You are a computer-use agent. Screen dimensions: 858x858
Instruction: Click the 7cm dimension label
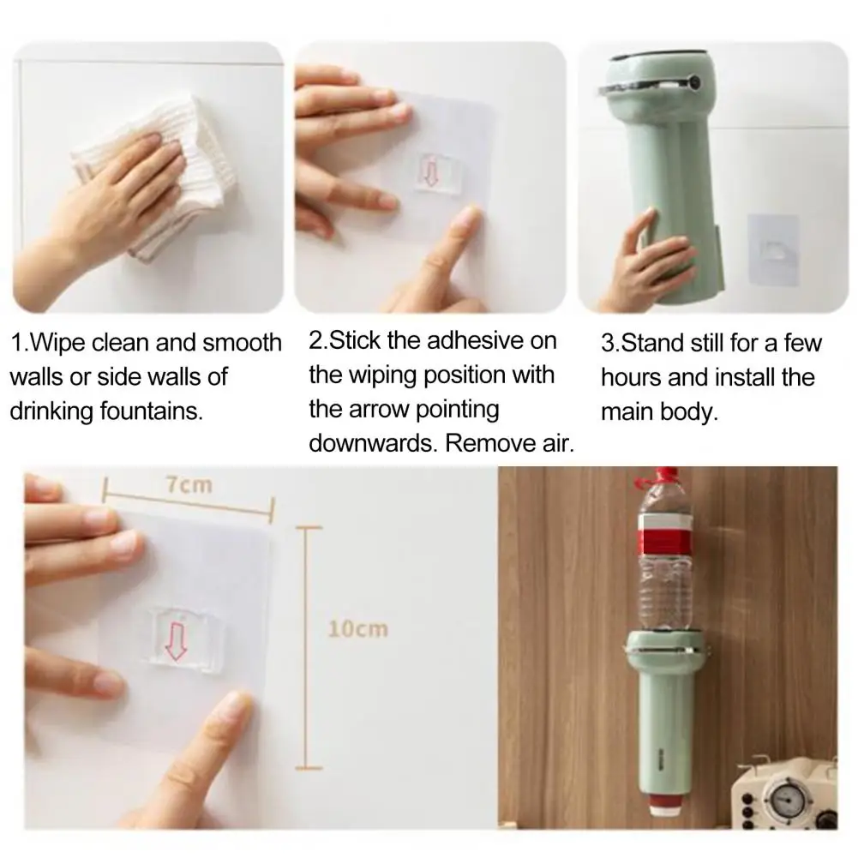189,485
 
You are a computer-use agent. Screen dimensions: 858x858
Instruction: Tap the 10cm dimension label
358,629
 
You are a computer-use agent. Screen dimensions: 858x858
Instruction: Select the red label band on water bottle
663,535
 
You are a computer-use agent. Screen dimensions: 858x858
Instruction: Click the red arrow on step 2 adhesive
430,171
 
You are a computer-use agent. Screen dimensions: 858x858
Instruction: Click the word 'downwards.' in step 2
373,443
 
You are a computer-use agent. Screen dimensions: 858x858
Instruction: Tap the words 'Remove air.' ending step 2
509,443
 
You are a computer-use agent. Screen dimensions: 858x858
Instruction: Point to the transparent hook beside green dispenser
772,249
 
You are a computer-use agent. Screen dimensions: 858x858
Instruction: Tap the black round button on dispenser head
695,83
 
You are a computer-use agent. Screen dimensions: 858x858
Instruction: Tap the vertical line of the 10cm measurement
306,648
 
